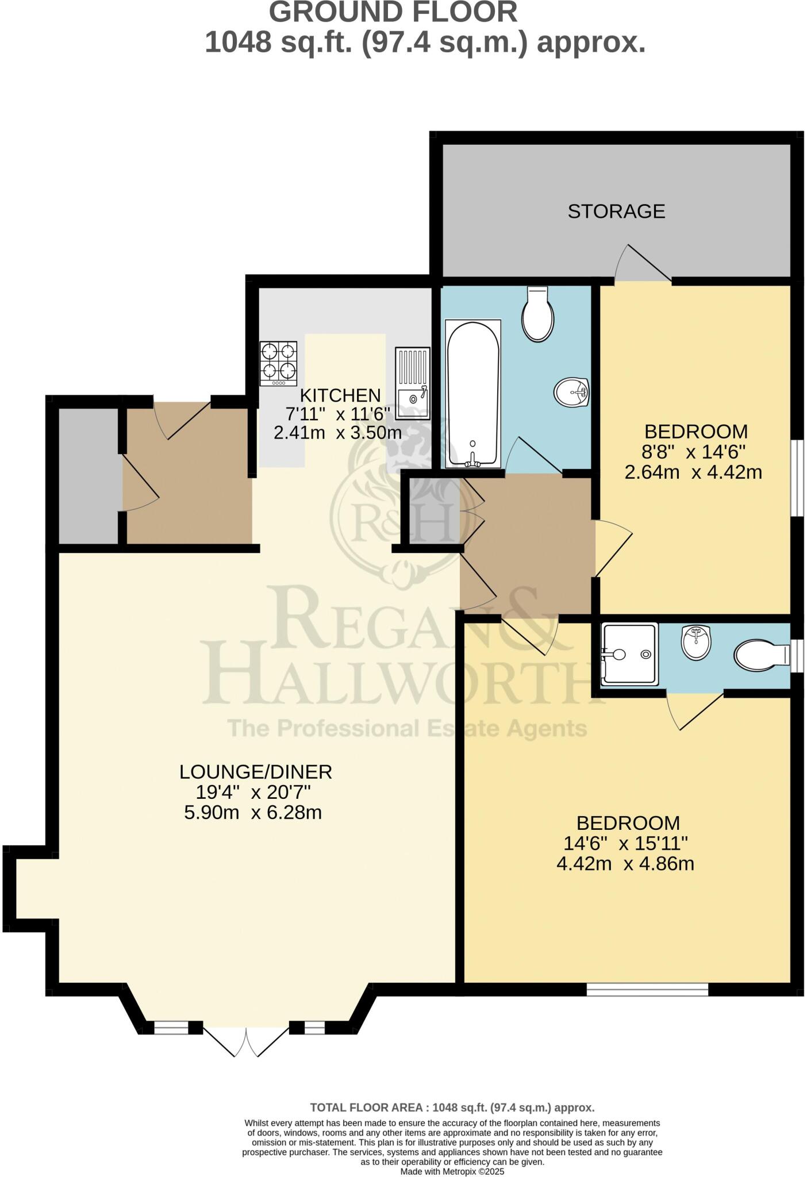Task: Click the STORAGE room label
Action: tap(616, 211)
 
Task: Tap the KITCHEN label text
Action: tap(340, 395)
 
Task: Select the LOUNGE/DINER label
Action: tap(256, 771)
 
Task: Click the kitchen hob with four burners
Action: tap(279, 363)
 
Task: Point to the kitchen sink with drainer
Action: tap(412, 383)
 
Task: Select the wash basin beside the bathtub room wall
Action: tap(571, 393)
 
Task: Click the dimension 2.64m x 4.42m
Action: tap(693, 472)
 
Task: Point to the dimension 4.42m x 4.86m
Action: tap(625, 864)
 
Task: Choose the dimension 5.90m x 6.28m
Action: tap(253, 813)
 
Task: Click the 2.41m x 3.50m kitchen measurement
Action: tap(337, 432)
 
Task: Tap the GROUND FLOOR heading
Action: tap(393, 13)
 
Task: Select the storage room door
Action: tap(644, 266)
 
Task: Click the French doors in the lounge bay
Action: tap(246, 1041)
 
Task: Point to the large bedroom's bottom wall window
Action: tap(647, 989)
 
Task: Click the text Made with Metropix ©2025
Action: tap(452, 1171)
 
